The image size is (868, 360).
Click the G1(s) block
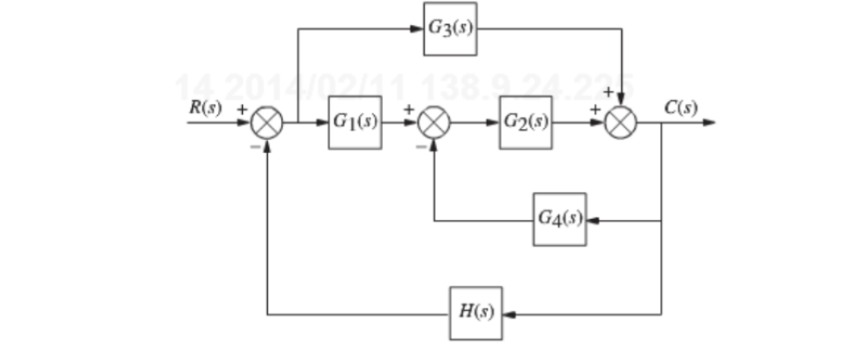(355, 122)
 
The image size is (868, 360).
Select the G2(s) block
(526, 122)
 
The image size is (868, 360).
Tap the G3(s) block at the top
(451, 27)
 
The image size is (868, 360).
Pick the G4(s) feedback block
(559, 220)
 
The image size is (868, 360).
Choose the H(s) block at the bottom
(476, 313)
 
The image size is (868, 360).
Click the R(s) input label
(206, 107)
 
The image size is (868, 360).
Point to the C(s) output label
(681, 107)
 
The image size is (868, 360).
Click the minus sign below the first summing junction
(253, 145)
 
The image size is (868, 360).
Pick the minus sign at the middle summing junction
(420, 146)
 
